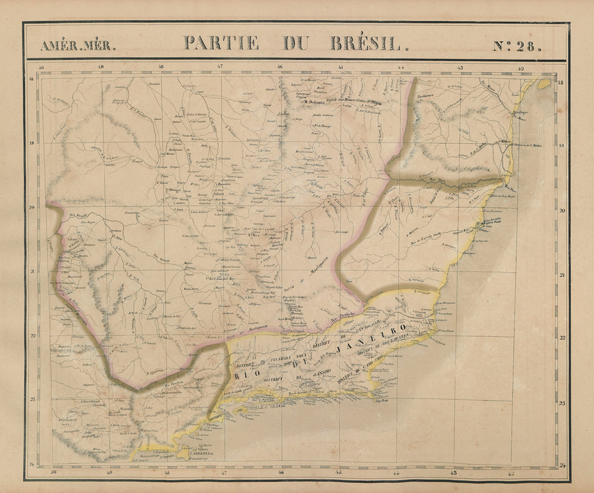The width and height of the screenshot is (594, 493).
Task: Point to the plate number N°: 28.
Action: pyautogui.click(x=516, y=45)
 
